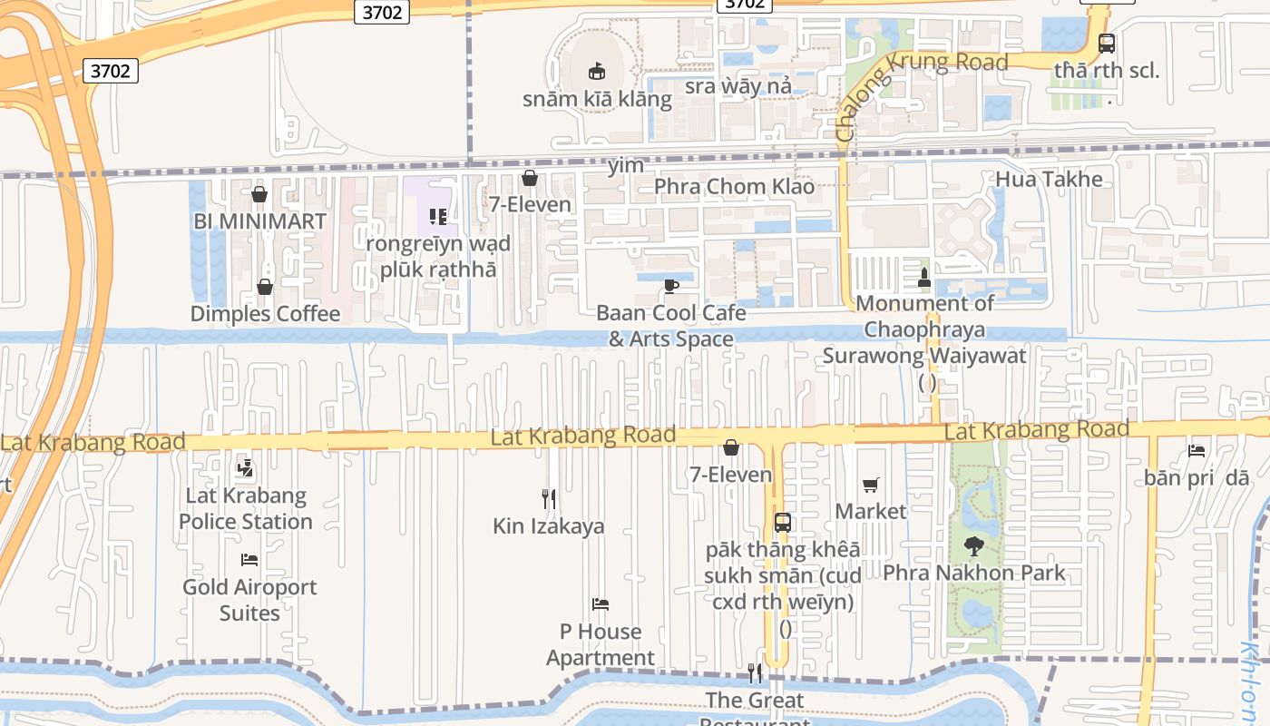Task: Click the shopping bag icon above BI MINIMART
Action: [x=259, y=194]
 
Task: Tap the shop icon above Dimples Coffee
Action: [x=265, y=287]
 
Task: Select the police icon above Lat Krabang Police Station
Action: [x=244, y=469]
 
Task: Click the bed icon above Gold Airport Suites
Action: [x=249, y=560]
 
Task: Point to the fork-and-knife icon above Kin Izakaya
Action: [x=549, y=499]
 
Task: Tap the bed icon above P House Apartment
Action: [x=600, y=604]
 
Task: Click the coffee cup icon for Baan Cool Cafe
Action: [x=670, y=286]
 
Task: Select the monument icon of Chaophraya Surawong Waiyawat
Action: [x=924, y=277]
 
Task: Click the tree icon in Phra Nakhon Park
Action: [x=974, y=546]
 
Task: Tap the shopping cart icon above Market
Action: [x=871, y=485]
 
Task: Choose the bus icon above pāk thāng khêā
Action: [x=782, y=523]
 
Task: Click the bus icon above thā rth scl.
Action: [x=1106, y=43]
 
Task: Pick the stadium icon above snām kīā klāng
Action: [x=597, y=71]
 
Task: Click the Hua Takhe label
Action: [x=1049, y=179]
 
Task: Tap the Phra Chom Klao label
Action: [x=735, y=187]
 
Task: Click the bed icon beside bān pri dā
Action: [x=1197, y=451]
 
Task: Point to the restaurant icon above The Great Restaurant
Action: [x=755, y=672]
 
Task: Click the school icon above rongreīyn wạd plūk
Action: [x=438, y=217]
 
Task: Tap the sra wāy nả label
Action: [x=738, y=86]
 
